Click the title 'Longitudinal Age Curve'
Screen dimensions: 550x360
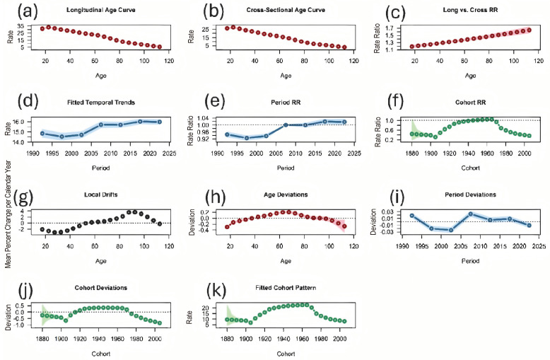pyautogui.click(x=100, y=10)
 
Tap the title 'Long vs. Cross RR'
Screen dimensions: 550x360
pyautogui.click(x=470, y=10)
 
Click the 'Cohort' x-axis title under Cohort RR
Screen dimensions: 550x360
pyautogui.click(x=470, y=168)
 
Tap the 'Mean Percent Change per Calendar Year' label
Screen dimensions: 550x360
pyautogui.click(x=8, y=214)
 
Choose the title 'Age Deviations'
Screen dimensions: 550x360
pyautogui.click(x=286, y=194)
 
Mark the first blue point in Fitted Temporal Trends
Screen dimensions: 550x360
pyautogui.click(x=42, y=134)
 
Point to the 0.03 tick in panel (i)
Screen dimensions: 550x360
pyautogui.click(x=390, y=212)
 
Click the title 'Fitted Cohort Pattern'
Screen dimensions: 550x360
pyautogui.click(x=286, y=288)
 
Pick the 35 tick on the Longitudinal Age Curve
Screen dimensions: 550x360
pyautogui.click(x=21, y=26)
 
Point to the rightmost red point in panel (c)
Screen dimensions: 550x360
pyautogui.click(x=529, y=30)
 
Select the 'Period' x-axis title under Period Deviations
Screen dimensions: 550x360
pyautogui.click(x=470, y=261)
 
